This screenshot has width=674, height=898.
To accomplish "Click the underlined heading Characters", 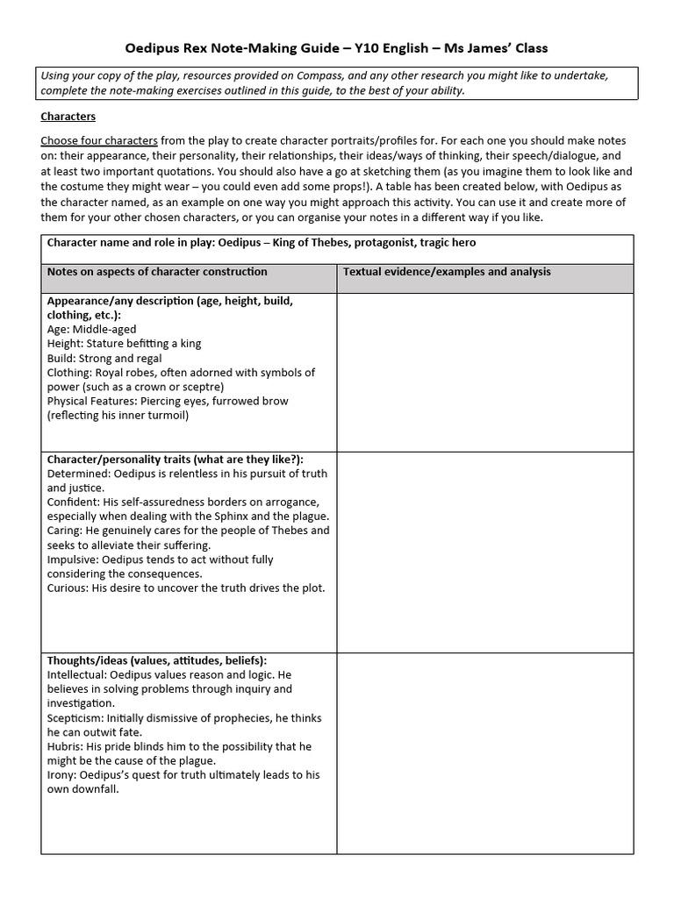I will pos(68,116).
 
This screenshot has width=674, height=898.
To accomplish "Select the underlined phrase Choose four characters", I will pos(99,140).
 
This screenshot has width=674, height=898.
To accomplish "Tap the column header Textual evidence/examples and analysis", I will pos(447,272).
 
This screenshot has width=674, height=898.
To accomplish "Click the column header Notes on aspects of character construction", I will pos(157,272).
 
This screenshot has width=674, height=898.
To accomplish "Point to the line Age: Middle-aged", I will pos(91,330).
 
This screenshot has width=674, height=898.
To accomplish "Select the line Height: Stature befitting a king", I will pos(124,344).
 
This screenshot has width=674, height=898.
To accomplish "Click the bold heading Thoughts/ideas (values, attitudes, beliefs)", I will pos(157,660).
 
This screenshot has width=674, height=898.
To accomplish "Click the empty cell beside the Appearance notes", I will pos(484,372).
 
